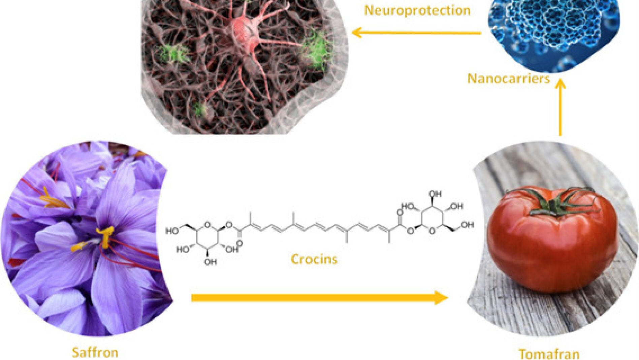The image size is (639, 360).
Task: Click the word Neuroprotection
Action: (417, 10)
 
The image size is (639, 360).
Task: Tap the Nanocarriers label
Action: (508, 78)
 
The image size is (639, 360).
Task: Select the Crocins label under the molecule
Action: (314, 259)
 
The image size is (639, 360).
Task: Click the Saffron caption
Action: (95, 352)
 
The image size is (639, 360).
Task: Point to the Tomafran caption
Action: (549, 354)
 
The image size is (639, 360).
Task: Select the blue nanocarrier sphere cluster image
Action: (552, 30)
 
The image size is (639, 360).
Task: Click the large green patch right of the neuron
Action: (317, 51)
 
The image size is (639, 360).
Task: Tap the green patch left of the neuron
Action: (173, 54)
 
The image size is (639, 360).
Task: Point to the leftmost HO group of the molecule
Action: (171, 231)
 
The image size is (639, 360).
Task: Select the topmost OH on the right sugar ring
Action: (435, 194)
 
